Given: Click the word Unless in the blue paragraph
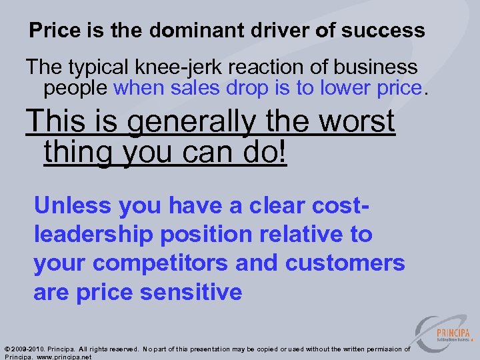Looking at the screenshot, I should [73, 205].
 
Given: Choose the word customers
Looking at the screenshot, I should [345, 263].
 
